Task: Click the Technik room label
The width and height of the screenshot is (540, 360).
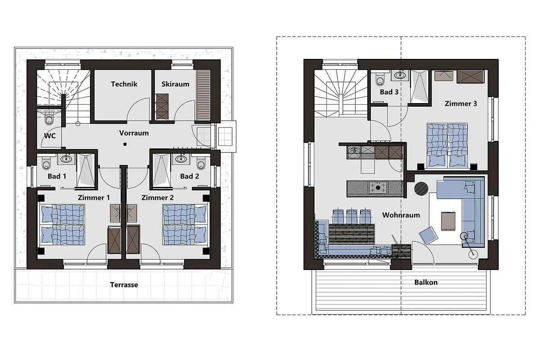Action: (x=124, y=84)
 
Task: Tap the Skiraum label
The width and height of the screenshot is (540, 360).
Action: (x=175, y=84)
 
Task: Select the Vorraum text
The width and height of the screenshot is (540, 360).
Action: (x=134, y=133)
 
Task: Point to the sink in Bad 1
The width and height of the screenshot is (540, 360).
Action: (x=66, y=159)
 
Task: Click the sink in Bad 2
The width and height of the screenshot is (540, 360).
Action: (x=181, y=159)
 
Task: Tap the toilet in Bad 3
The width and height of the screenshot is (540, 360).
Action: (x=380, y=80)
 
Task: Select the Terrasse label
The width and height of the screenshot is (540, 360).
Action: (x=124, y=285)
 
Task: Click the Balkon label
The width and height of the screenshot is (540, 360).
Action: (x=426, y=282)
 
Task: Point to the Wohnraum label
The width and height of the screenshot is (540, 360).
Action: (x=401, y=215)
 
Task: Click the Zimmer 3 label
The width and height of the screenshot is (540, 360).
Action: (x=461, y=103)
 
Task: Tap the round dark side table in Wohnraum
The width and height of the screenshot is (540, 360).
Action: (x=421, y=188)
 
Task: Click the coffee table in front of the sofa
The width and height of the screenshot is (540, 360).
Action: (x=448, y=221)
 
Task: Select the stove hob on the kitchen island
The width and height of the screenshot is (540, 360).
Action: (x=378, y=187)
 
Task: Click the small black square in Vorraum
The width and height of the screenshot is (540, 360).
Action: (x=125, y=144)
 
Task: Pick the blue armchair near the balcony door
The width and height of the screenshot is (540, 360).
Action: (x=428, y=235)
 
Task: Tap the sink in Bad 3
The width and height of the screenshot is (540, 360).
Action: (x=400, y=76)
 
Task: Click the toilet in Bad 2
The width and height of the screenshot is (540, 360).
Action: (x=201, y=163)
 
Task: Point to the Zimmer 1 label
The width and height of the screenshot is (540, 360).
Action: (x=94, y=198)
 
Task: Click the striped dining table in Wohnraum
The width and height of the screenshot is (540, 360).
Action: (x=352, y=234)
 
